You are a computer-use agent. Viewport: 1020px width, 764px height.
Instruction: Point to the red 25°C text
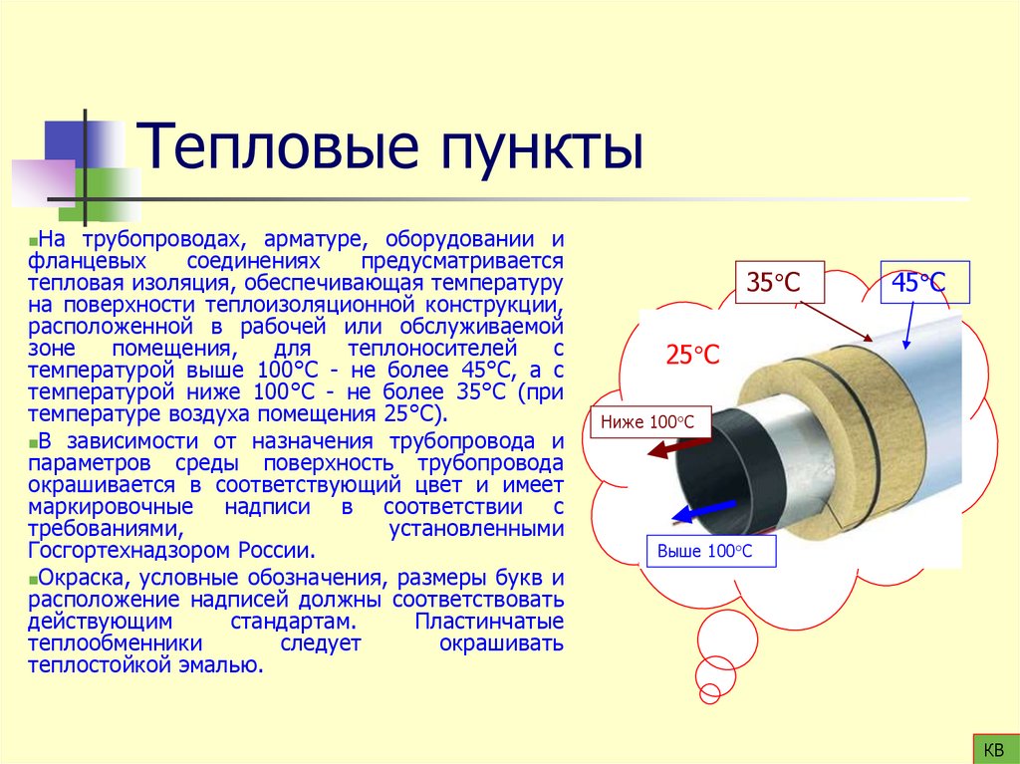point(692,355)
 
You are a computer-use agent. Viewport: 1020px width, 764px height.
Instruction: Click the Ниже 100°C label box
point(649,421)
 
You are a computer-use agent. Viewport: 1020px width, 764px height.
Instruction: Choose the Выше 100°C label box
point(711,551)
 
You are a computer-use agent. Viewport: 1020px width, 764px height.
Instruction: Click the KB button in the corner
point(993,748)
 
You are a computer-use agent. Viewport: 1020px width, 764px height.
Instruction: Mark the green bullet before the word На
point(33,242)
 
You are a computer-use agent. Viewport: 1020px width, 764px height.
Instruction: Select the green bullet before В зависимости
point(33,442)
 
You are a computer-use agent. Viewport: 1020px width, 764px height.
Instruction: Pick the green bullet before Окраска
point(33,578)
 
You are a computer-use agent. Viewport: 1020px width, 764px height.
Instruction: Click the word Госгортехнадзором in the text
point(124,551)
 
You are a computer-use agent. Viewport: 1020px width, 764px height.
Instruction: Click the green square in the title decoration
point(111,191)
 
